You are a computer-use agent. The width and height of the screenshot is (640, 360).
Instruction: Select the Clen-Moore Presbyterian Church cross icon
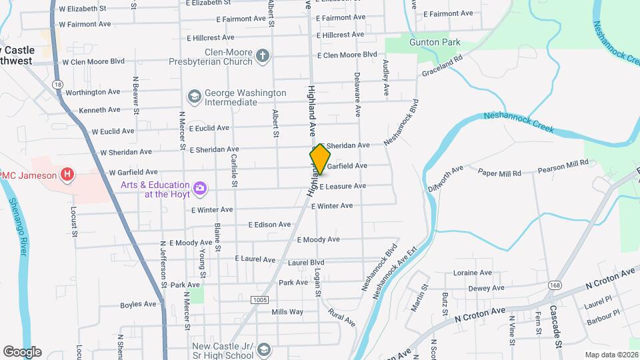[x=263, y=56]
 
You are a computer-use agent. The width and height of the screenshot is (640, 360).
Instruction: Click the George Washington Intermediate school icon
[x=194, y=97]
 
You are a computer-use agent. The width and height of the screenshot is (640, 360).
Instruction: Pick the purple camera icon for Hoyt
[x=199, y=189]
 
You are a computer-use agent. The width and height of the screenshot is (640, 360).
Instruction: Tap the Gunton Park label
[x=435, y=42]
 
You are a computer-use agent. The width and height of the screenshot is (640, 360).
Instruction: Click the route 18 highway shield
[x=58, y=85]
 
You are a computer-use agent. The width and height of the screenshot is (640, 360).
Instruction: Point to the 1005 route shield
[x=260, y=301]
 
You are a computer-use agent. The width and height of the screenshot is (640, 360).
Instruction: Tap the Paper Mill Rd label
[x=500, y=173]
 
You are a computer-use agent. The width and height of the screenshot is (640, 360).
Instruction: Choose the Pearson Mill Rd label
[x=563, y=162]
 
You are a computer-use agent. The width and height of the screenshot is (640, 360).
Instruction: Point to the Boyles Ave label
[x=138, y=305]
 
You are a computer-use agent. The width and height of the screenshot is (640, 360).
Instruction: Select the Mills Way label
[x=287, y=311]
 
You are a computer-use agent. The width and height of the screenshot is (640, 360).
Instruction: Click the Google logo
[x=22, y=352]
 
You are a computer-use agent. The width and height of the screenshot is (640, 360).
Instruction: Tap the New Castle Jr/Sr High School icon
[x=264, y=350]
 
